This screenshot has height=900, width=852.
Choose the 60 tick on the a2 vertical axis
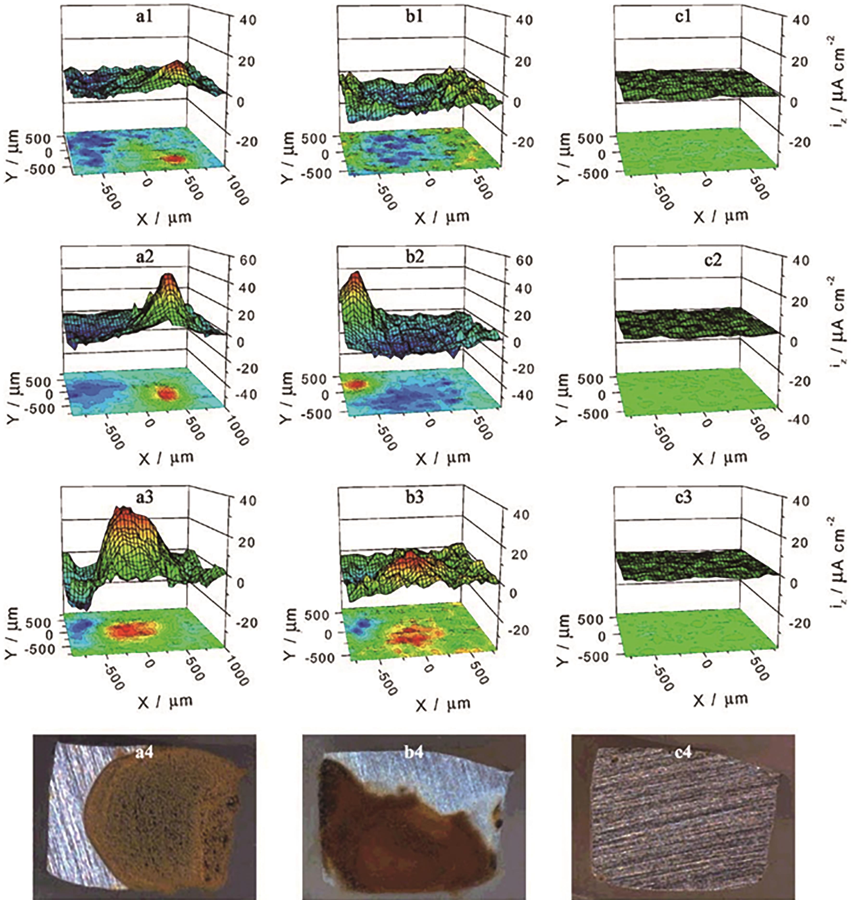[x=247, y=260]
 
